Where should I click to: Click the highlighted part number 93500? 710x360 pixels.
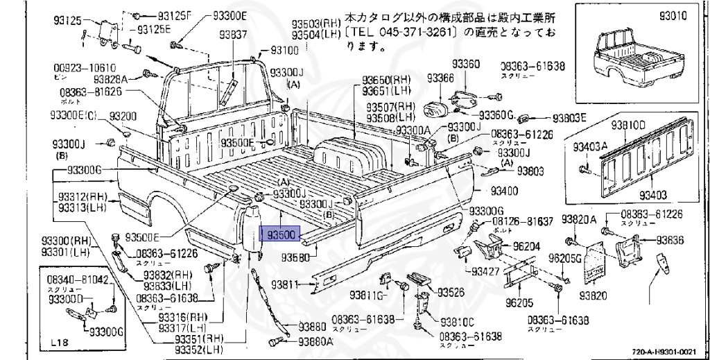pyautogui.click(x=279, y=234)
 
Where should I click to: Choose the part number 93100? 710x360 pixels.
pyautogui.click(x=284, y=50)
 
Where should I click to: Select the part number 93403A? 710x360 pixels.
pyautogui.click(x=590, y=146)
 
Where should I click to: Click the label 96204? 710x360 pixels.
pyautogui.click(x=526, y=245)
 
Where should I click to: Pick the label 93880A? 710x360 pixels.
pyautogui.click(x=316, y=342)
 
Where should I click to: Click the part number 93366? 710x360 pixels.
pyautogui.click(x=440, y=78)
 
